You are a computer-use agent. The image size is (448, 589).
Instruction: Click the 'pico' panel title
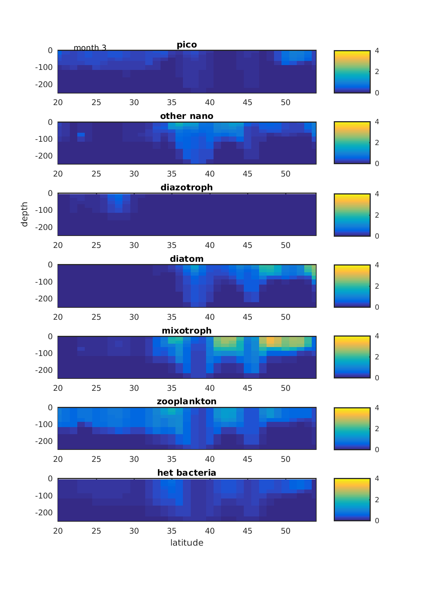click(x=187, y=45)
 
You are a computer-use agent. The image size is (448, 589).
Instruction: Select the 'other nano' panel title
click(x=187, y=116)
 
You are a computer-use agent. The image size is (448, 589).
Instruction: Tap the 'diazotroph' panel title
click(x=187, y=187)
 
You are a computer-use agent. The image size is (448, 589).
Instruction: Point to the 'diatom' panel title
click(x=187, y=259)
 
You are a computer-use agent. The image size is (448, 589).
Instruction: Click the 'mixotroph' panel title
click(x=187, y=331)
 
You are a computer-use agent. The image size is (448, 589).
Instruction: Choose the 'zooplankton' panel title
click(x=187, y=402)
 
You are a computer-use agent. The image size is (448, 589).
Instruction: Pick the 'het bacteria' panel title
click(x=187, y=473)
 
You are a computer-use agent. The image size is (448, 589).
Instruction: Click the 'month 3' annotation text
click(x=90, y=48)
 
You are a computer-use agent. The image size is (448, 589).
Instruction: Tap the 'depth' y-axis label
click(x=25, y=214)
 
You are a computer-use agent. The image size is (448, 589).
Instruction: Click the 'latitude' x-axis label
click(x=187, y=543)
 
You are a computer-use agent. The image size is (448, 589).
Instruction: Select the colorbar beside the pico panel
click(x=352, y=71)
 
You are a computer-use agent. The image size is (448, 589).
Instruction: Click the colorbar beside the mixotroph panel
click(x=352, y=357)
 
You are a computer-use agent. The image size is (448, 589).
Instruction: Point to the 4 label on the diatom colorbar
click(x=377, y=265)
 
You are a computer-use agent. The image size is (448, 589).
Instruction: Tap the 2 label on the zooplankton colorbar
click(x=377, y=429)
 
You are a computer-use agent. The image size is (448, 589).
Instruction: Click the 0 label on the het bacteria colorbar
click(x=377, y=521)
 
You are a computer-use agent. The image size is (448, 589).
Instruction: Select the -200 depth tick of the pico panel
click(x=44, y=85)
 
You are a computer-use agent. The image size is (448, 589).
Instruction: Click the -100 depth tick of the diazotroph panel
click(x=44, y=210)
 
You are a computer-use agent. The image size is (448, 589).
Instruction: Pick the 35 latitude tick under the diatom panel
click(x=172, y=317)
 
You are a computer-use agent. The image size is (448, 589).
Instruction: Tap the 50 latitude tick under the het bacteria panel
click(x=286, y=531)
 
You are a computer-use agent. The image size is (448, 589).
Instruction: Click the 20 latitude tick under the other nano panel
click(x=58, y=174)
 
